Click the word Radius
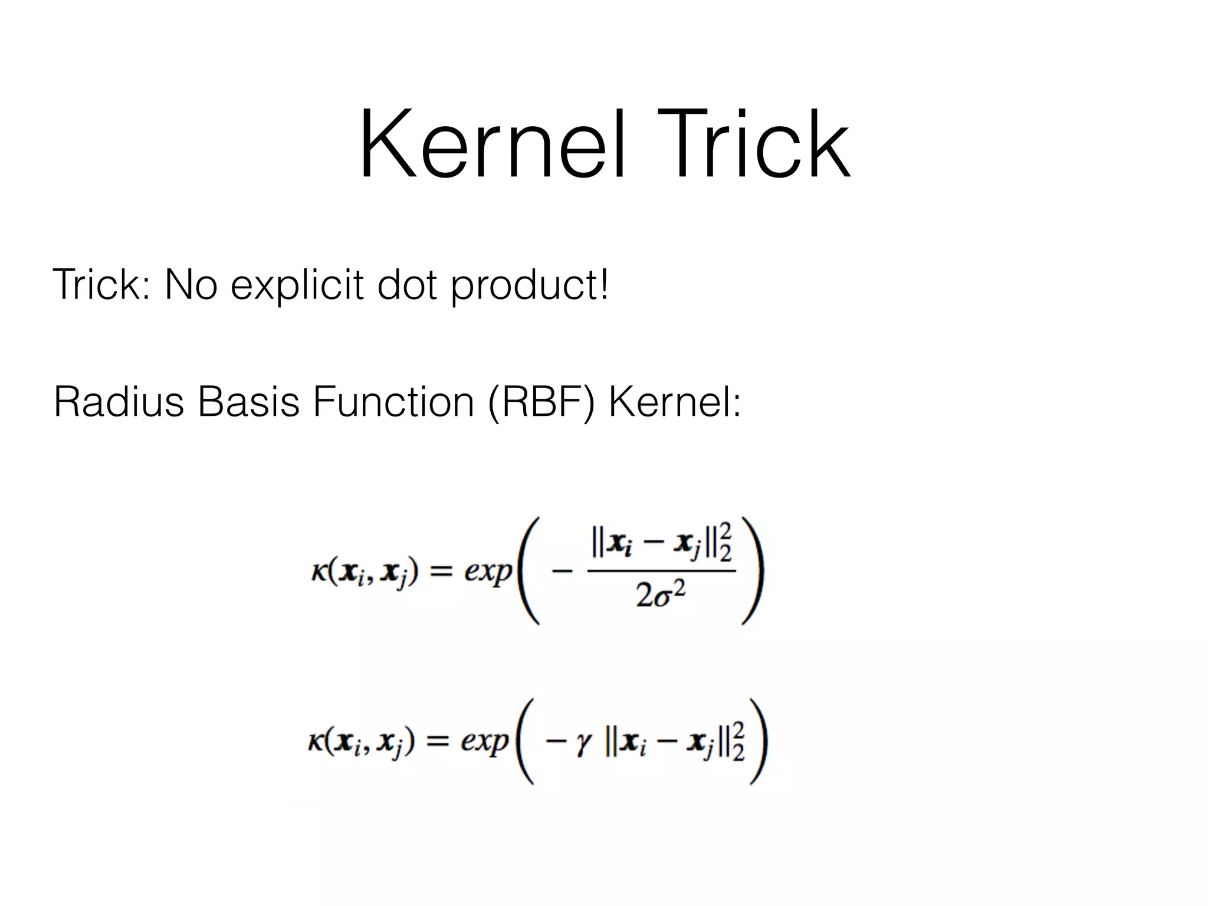pos(119,402)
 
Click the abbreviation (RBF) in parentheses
pos(542,402)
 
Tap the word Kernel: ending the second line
pos(674,402)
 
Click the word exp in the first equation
pos(488,571)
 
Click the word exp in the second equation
pos(484,741)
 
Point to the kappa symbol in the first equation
pos(319,572)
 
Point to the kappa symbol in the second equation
pos(316,741)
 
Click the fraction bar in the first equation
pos(661,570)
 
